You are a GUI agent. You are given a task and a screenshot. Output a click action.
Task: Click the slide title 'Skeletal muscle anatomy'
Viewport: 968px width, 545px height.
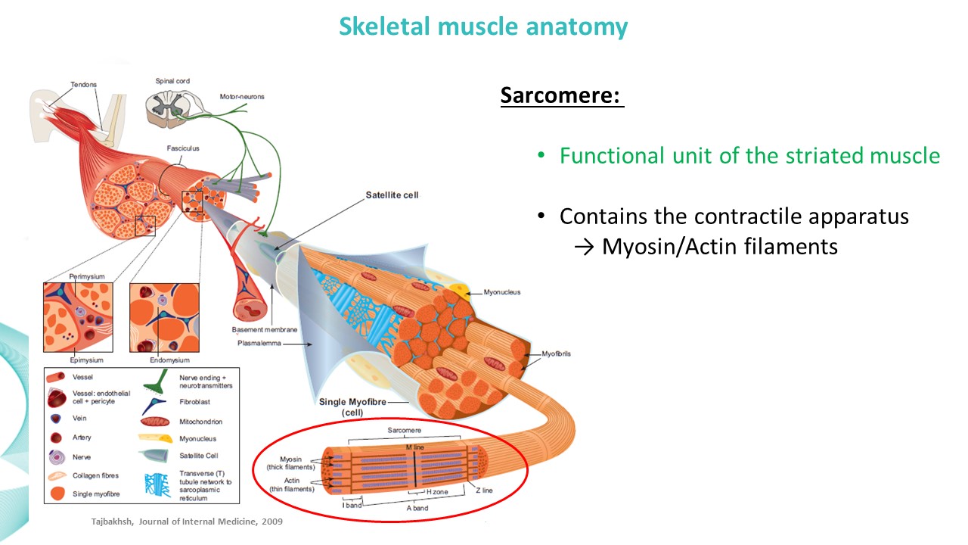[483, 27]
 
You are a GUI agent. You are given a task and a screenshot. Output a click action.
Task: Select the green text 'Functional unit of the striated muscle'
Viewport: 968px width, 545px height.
[749, 156]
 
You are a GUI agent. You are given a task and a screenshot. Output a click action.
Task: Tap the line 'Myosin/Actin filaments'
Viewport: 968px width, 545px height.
[719, 246]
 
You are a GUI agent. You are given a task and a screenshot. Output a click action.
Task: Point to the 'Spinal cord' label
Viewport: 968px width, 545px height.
[172, 80]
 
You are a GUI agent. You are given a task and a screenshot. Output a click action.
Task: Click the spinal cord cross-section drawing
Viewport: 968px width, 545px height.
[170, 106]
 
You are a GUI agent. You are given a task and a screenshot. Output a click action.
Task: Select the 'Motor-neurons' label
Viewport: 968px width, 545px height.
[242, 97]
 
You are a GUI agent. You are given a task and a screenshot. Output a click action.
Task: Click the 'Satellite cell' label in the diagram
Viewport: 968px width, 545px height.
[392, 195]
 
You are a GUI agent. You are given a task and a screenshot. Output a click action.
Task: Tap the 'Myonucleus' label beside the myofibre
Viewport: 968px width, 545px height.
[502, 292]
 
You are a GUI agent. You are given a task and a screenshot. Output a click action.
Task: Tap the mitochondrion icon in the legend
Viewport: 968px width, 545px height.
[154, 422]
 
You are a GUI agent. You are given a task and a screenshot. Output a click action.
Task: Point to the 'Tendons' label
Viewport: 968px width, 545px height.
[83, 84]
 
